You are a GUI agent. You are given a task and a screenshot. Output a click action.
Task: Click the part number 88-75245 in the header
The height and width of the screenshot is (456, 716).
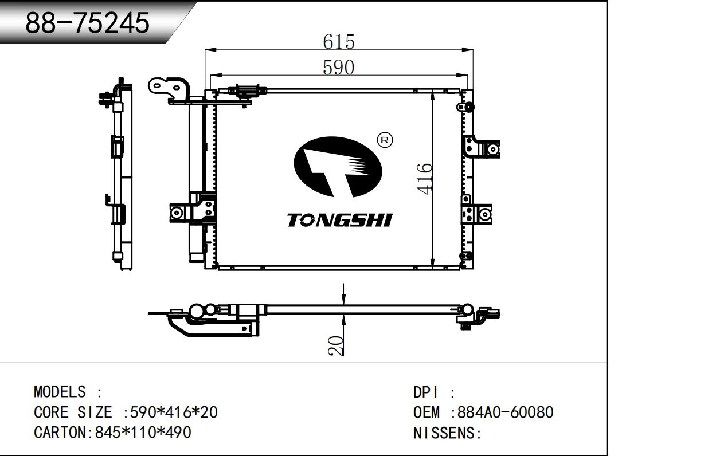(87, 22)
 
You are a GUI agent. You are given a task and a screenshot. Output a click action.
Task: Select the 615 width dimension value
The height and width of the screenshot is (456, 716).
(338, 42)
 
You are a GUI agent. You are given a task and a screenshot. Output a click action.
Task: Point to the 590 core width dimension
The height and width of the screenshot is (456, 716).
(338, 68)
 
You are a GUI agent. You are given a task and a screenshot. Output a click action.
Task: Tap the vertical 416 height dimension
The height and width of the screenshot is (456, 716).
(424, 179)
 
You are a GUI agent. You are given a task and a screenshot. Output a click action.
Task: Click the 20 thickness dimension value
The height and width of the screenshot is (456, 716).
(335, 345)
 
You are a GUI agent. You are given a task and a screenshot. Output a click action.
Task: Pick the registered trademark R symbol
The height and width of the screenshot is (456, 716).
(385, 140)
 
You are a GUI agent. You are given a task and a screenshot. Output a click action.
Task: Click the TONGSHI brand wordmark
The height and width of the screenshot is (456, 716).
(339, 220)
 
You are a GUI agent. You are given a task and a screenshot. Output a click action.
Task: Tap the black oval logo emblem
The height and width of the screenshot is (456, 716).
(338, 167)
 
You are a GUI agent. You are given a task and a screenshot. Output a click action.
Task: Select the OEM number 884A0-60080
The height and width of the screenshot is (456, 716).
(506, 412)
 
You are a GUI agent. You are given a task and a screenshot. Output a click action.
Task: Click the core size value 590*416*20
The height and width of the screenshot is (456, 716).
(174, 412)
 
